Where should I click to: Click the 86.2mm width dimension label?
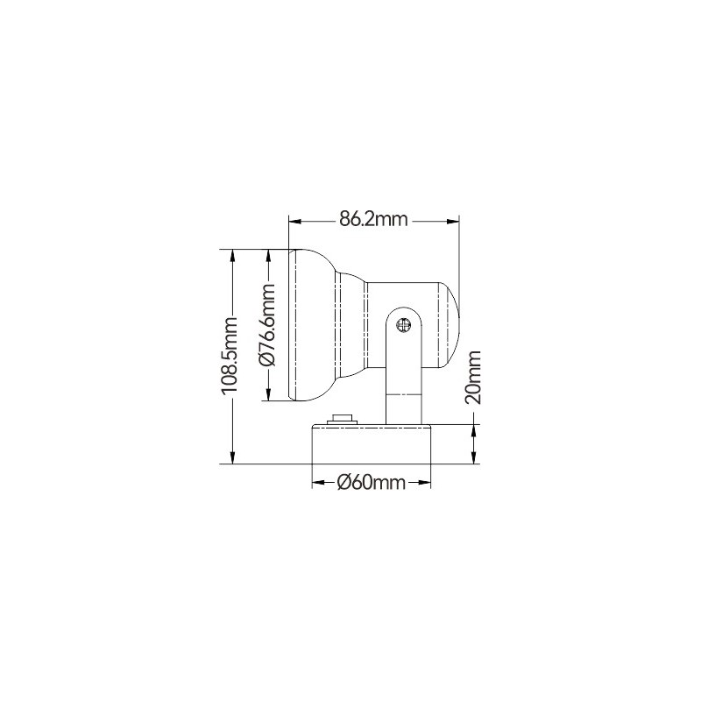pos(373,220)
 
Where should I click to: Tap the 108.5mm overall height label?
pos(230,356)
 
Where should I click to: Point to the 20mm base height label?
pos(473,378)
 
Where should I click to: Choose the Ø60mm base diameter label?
pos(371,483)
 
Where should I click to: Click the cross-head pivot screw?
pos(404,324)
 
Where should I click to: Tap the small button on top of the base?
pos(343,419)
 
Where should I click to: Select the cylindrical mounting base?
pos(371,444)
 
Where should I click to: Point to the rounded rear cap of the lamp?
pos(450,325)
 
